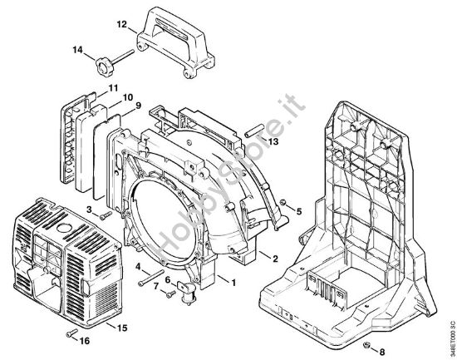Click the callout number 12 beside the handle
coord(121,25)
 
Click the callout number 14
coord(78,51)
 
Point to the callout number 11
coord(112,87)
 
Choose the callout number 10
coord(128,97)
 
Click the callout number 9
coord(139,106)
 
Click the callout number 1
coord(233,284)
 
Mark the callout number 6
coord(167,279)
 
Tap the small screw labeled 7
coord(170,293)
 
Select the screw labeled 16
coord(68,334)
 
